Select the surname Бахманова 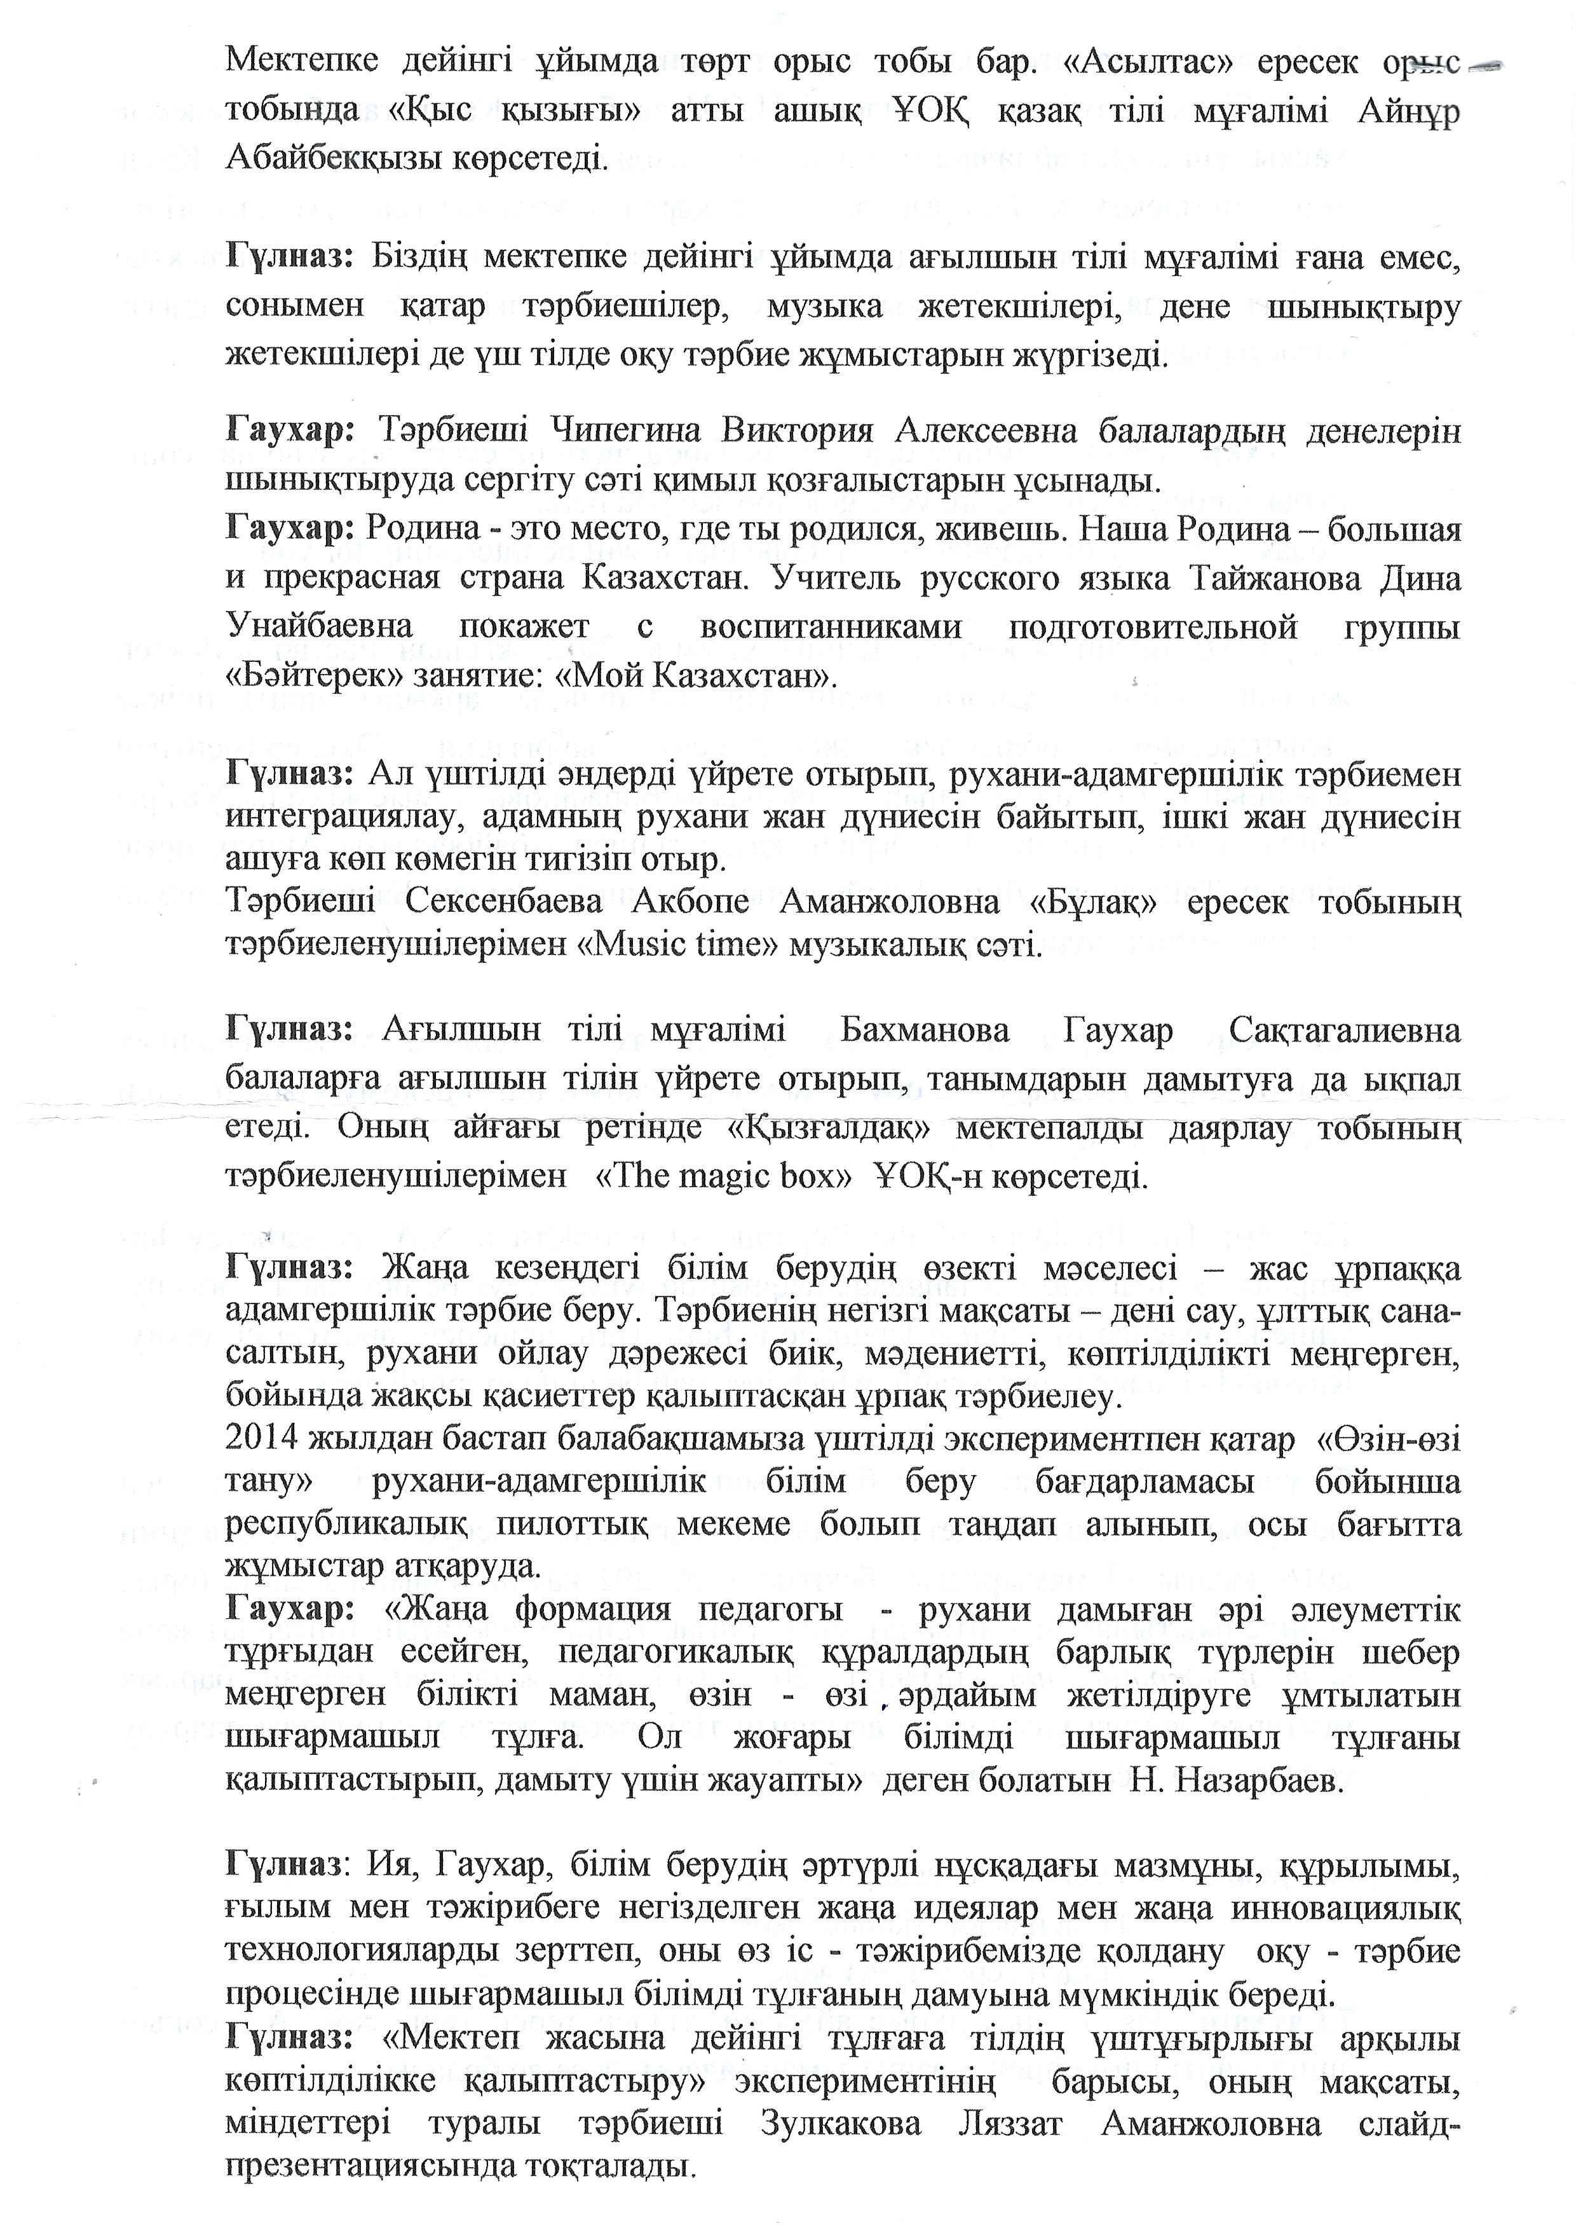[925, 1030]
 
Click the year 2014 [261, 1439]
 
